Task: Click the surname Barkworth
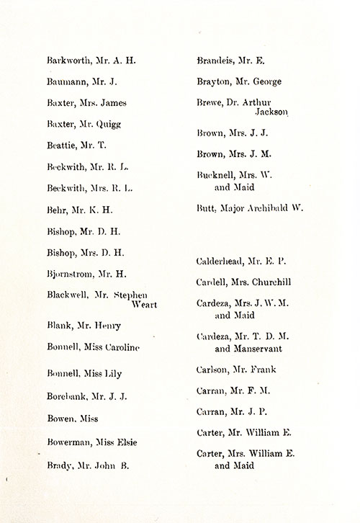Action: pos(67,61)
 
